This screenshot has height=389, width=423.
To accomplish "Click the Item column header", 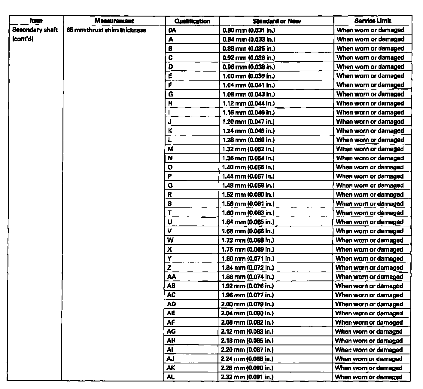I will [x=36, y=21].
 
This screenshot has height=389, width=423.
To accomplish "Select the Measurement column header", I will [x=114, y=21].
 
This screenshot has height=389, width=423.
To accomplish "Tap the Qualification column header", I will [x=192, y=21].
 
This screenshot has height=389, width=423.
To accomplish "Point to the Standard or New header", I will [x=276, y=21].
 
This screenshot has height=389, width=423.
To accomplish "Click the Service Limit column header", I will [x=373, y=21].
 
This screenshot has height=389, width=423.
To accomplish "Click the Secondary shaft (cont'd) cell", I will [x=35, y=35].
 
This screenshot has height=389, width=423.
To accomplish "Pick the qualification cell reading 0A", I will [x=172, y=30].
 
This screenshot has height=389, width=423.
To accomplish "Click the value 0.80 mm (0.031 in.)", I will [x=249, y=30].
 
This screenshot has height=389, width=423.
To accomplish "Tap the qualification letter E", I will [x=170, y=76].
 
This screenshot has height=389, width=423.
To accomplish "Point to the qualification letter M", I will [x=171, y=149].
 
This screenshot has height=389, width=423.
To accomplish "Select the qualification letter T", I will [x=170, y=213].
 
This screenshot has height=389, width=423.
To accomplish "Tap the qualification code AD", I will [x=172, y=304].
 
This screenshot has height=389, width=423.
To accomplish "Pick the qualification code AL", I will [x=171, y=377].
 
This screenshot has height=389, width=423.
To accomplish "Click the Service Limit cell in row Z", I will [x=369, y=268].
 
